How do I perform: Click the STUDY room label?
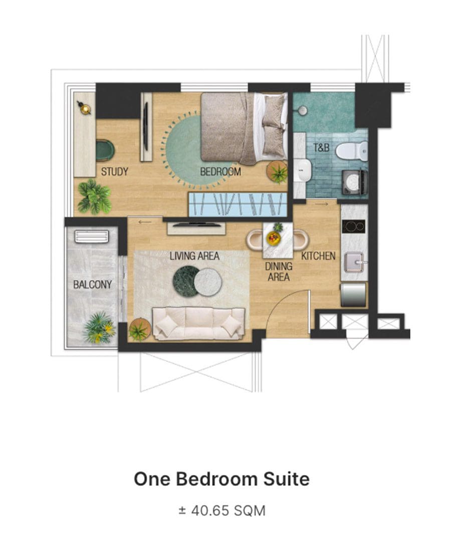pyautogui.click(x=114, y=171)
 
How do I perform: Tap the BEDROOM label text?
pyautogui.click(x=220, y=171)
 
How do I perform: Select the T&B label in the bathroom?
pyautogui.click(x=321, y=147)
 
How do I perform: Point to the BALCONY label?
pyautogui.click(x=92, y=284)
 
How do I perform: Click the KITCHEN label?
pyautogui.click(x=318, y=256)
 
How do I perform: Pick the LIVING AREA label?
pyautogui.click(x=194, y=256)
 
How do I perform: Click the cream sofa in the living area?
pyautogui.click(x=198, y=323)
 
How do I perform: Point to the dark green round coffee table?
pyautogui.click(x=186, y=281)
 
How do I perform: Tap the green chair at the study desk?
pyautogui.click(x=105, y=150)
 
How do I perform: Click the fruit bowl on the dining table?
pyautogui.click(x=273, y=238)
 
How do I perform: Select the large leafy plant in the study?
pyautogui.click(x=94, y=197)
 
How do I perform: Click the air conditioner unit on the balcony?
pyautogui.click(x=92, y=237)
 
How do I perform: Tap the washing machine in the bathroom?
pyautogui.click(x=355, y=182)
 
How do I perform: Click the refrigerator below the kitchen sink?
pyautogui.click(x=353, y=295)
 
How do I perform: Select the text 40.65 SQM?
pyautogui.click(x=229, y=510)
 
